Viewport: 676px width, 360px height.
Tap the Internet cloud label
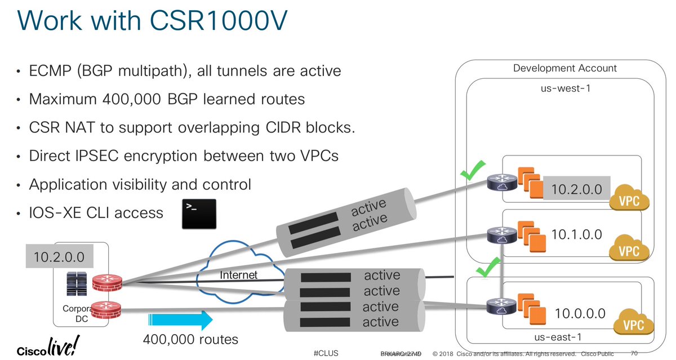[x=239, y=275]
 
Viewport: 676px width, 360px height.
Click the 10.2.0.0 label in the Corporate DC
[x=59, y=257]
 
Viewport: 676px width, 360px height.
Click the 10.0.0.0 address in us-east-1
[x=580, y=313]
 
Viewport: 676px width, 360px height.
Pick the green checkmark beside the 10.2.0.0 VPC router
[x=473, y=170]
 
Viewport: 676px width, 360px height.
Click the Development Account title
[x=564, y=68]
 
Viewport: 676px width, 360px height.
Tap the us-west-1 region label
[x=564, y=87]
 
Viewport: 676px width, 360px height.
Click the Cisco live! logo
[x=48, y=345]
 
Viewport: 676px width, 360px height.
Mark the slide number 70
[x=635, y=353]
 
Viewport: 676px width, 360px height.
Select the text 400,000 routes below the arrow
[x=190, y=339]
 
